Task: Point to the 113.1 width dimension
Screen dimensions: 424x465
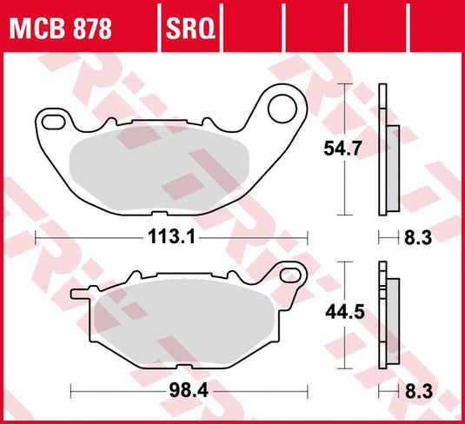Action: pyautogui.click(x=171, y=236)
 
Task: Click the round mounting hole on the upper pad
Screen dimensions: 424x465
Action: pyautogui.click(x=282, y=108)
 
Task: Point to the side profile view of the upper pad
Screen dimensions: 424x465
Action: pyautogui.click(x=388, y=149)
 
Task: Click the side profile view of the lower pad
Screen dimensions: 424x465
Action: pyautogui.click(x=388, y=313)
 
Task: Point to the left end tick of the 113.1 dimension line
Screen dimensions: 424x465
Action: pyautogui.click(x=36, y=236)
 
